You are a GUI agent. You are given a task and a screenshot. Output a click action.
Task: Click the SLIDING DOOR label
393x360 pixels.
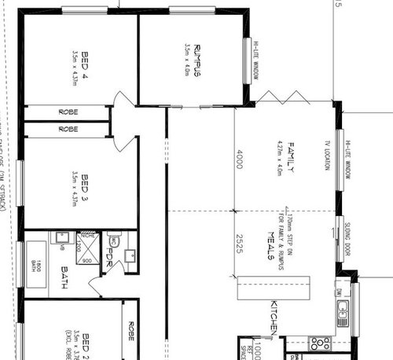tap(347, 241)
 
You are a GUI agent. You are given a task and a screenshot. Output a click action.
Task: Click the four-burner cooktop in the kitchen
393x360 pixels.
tap(321, 343)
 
